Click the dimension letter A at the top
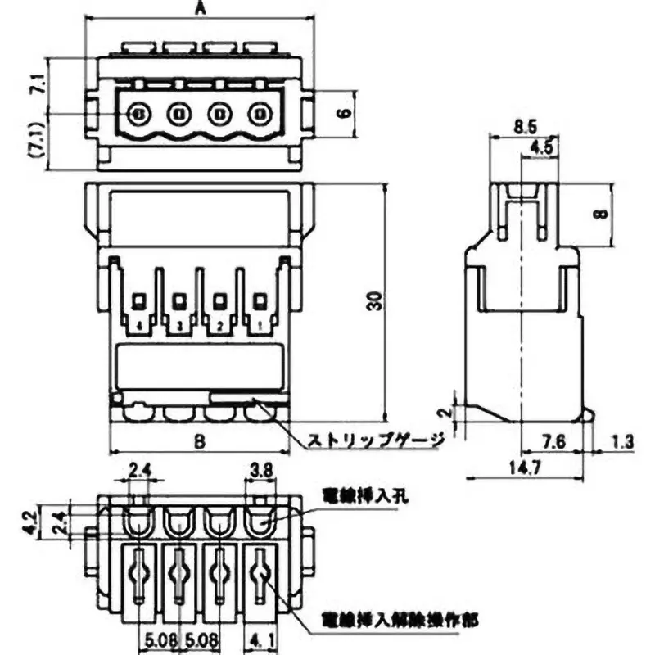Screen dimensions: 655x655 point(200,9)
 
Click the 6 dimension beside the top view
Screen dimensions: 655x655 point(341,112)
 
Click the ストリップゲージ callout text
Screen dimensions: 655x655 point(375,440)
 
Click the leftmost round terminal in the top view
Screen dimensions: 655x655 point(138,113)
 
